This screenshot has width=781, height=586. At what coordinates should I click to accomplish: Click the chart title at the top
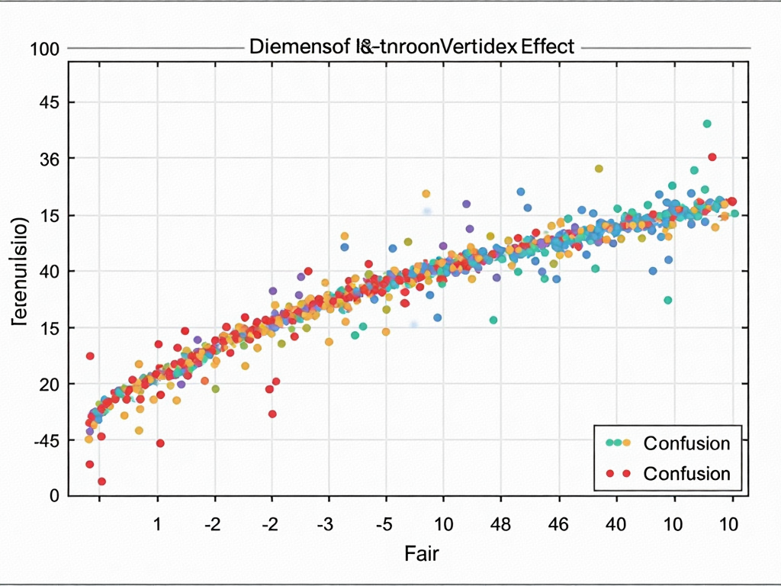pos(411,47)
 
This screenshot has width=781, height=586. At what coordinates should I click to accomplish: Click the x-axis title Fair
pos(422,553)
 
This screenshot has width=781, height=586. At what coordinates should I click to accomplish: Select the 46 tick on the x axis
pos(558,526)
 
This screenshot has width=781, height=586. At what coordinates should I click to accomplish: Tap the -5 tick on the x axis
pos(385,526)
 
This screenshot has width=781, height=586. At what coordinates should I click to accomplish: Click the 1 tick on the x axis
pos(157,526)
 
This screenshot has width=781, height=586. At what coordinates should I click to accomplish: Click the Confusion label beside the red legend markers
pos(686,473)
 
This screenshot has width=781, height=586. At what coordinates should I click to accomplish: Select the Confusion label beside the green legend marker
pos(686,443)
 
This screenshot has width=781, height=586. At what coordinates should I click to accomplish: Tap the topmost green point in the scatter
pos(707,124)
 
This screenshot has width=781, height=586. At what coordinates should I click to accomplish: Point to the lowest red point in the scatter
pos(101,481)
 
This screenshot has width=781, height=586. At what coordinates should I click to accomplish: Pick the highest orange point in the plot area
pos(599,169)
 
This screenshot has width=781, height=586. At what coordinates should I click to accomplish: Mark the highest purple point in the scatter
pos(466,204)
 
